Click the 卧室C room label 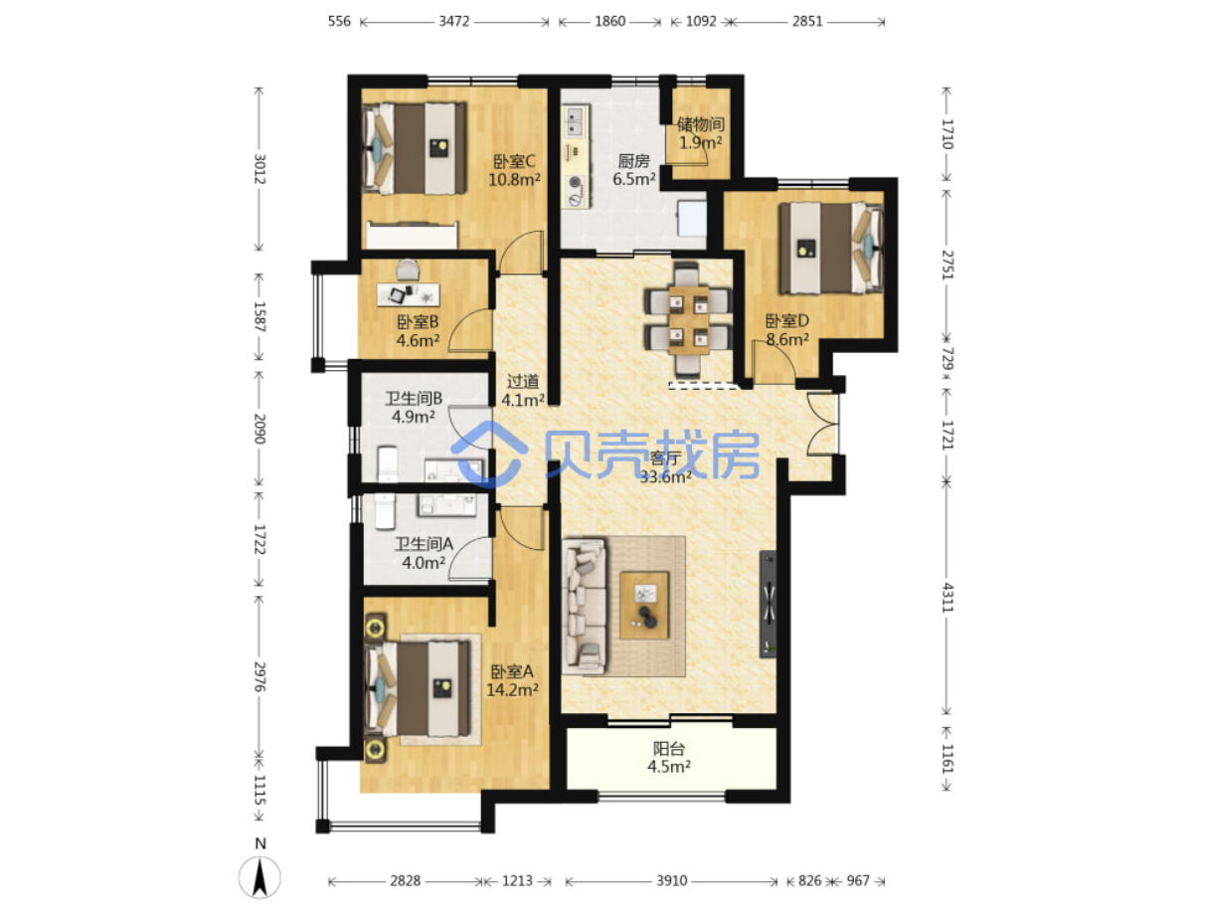513,161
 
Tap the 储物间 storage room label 700,124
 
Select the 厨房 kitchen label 633,161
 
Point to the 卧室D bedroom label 786,320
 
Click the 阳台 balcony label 669,748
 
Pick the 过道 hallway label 522,381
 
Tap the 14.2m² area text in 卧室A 512,690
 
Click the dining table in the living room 688,319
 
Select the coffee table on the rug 644,605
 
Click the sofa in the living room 584,606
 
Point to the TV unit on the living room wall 768,604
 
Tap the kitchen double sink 575,121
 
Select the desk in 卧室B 408,294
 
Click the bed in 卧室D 830,248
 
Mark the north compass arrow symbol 259,877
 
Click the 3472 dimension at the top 453,22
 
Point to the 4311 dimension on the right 947,598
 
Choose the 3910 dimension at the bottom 671,881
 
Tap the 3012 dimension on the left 259,169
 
